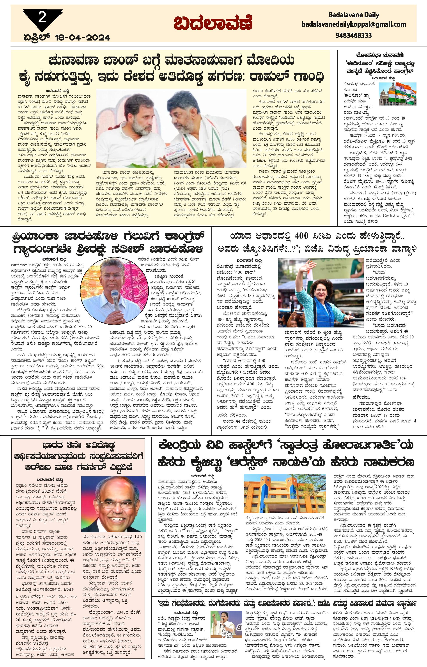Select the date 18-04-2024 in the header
[83, 37]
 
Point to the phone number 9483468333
[354, 35]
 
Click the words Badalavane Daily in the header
[354, 15]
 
